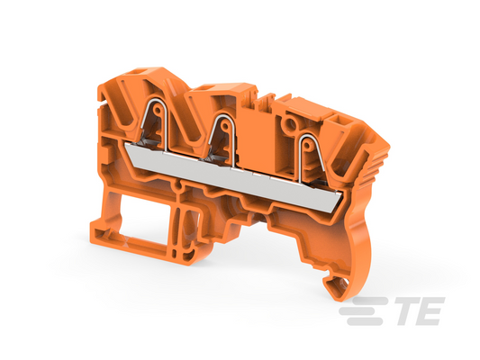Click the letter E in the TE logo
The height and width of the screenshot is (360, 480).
432,310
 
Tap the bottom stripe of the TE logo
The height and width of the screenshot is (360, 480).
365,320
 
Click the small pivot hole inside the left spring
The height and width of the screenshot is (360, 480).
157,110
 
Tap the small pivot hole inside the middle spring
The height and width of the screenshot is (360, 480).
225,125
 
